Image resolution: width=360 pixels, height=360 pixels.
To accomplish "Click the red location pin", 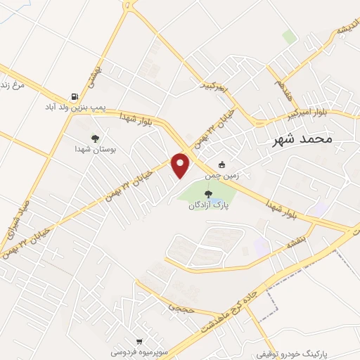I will (181, 165).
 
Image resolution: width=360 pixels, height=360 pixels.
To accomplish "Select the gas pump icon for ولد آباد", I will (74, 97).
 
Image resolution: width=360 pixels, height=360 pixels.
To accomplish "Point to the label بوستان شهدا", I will (95, 149).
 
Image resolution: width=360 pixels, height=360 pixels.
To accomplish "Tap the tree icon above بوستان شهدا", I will (95, 139).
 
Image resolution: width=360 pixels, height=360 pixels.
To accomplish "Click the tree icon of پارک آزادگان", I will (208, 195).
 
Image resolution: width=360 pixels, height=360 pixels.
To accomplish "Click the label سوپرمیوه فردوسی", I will (139, 348).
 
